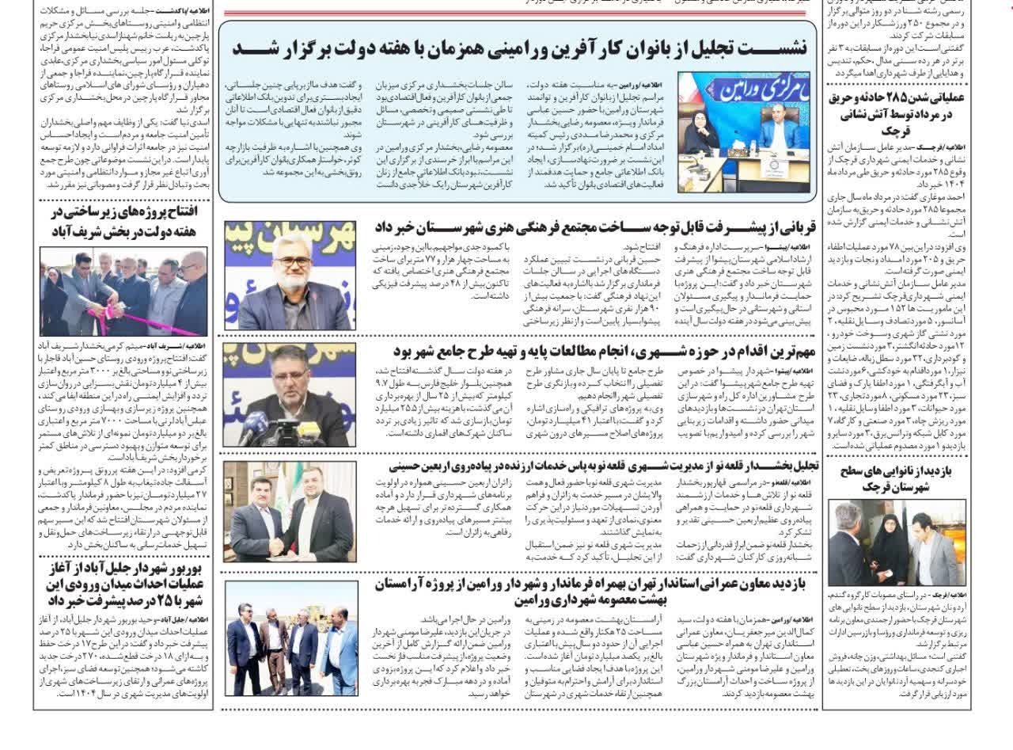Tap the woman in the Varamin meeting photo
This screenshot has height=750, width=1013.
(x=702, y=131)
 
